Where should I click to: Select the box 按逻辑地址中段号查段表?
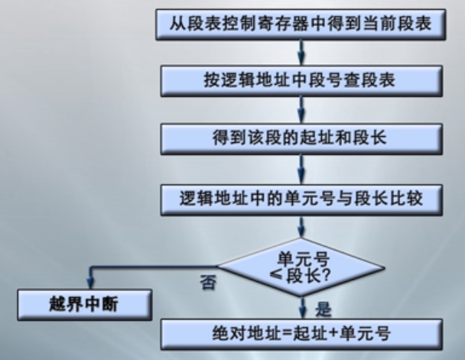[x=301, y=79]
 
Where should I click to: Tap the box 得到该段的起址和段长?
[x=301, y=138]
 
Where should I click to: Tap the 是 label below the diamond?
[x=324, y=306]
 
